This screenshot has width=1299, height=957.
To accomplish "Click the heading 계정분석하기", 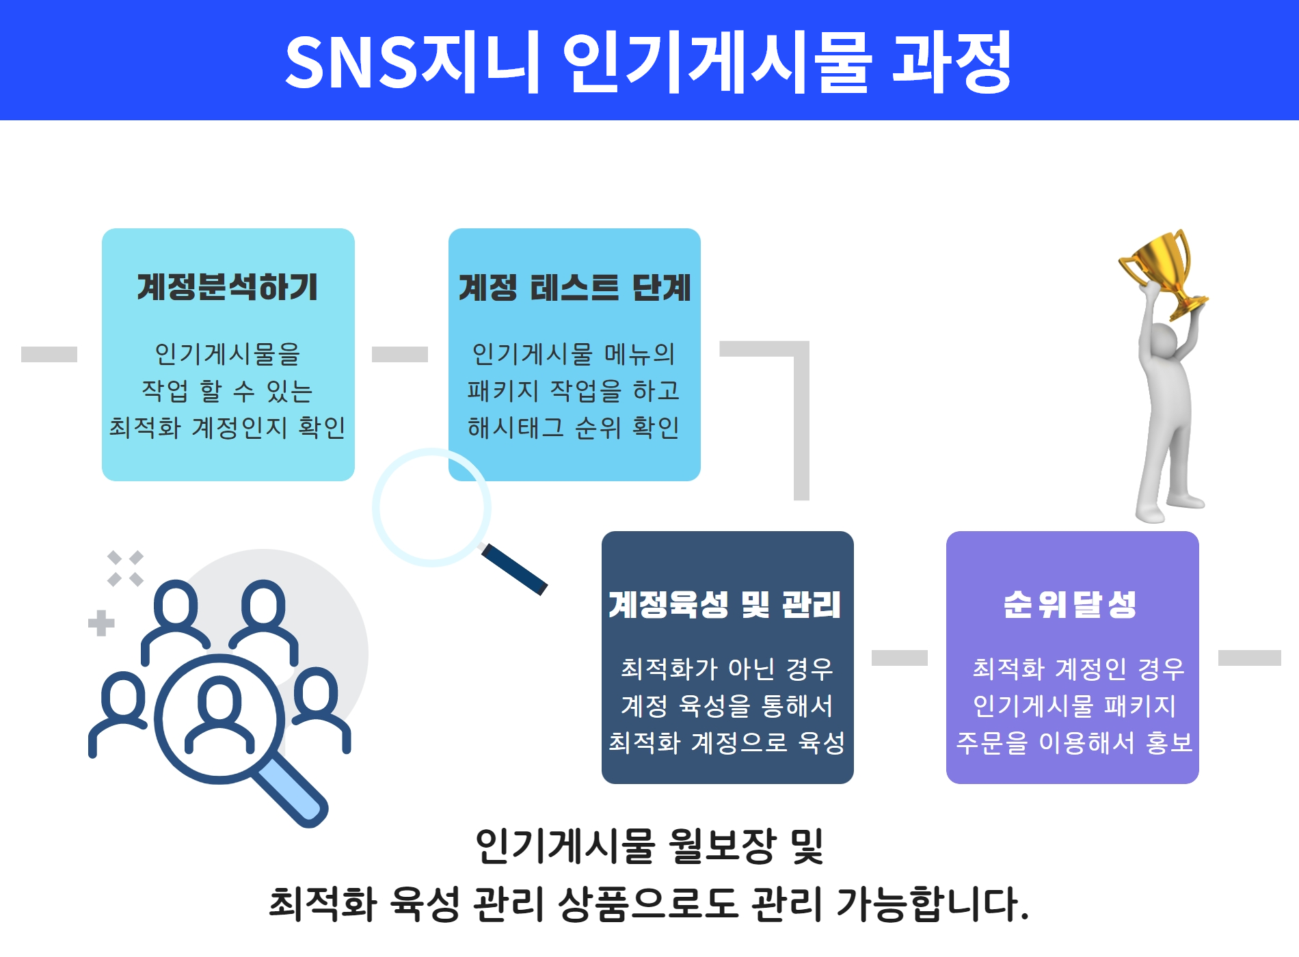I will tap(228, 287).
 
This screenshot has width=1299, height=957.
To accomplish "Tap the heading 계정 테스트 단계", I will tap(574, 288).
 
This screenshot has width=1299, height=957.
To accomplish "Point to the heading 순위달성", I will tap(1070, 605).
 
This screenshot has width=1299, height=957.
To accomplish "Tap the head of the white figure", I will tap(1164, 340).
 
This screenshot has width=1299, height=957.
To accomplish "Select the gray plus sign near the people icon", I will tap(101, 623).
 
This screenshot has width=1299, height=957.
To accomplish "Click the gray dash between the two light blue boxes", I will tap(400, 354).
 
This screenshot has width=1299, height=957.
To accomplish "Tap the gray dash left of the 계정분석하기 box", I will tap(49, 354).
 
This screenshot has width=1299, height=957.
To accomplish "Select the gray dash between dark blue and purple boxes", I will tap(900, 658).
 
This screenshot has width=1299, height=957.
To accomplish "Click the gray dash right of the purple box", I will tap(1249, 658).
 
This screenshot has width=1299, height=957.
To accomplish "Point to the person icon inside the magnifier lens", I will tap(219, 714).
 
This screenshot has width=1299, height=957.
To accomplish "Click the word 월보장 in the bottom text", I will tap(721, 846).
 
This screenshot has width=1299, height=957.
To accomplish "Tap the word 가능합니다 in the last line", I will tap(933, 904).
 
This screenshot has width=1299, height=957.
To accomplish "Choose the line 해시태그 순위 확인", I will tap(573, 428).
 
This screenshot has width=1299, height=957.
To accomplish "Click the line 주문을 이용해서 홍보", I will tap(1073, 743).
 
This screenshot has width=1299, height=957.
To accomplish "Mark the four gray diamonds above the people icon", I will tap(125, 568).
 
